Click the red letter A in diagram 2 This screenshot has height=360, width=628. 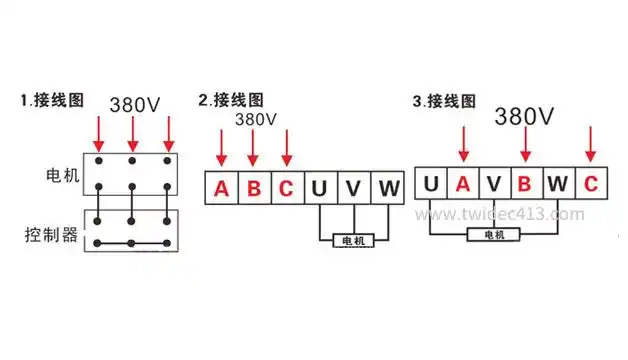coord(222,188)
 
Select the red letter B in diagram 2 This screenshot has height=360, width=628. coord(254,188)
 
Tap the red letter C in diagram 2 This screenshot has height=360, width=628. coord(287,188)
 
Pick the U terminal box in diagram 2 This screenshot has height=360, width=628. coord(320,188)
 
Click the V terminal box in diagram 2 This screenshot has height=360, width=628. coord(353,188)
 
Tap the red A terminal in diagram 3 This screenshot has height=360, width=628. coord(463,184)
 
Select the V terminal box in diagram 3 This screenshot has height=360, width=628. coord(495,184)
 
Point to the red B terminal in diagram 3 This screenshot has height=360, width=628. coord(526,184)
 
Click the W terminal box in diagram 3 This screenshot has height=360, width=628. coord(558,184)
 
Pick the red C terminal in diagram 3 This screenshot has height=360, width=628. coord(590,184)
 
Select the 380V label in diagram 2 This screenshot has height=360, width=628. coord(256,119)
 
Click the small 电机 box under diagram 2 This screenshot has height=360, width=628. coord(353,241)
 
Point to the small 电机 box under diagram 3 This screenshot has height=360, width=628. coord(494,234)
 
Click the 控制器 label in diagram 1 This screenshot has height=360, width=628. coord(51,236)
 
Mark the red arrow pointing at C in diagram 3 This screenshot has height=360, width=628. coord(590,143)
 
